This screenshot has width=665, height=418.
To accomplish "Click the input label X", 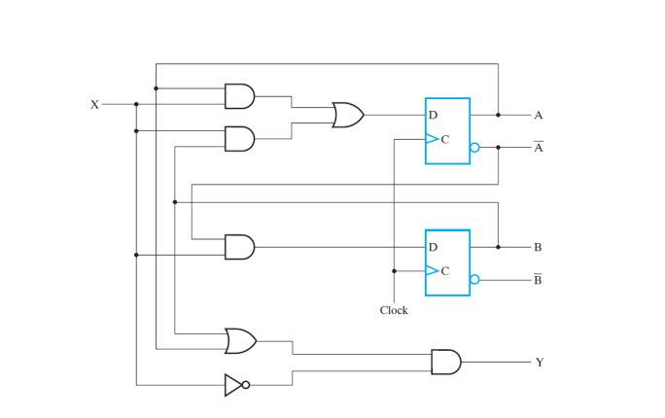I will pyautogui.click(x=94, y=104).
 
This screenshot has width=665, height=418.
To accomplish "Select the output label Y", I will pyautogui.click(x=539, y=363).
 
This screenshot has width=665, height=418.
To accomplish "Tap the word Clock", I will pyautogui.click(x=394, y=310).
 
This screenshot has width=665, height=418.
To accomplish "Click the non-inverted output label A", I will pyautogui.click(x=539, y=115).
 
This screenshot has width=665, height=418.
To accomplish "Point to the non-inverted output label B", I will pyautogui.click(x=539, y=248).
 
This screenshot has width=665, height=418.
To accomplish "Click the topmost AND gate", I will pyautogui.click(x=239, y=95).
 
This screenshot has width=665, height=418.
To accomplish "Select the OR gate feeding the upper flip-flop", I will pyautogui.click(x=347, y=116).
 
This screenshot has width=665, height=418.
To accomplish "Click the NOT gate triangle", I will pyautogui.click(x=233, y=385).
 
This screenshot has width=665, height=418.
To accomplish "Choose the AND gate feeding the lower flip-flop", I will pyautogui.click(x=239, y=248).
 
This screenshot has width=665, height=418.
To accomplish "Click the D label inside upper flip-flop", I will pyautogui.click(x=433, y=116).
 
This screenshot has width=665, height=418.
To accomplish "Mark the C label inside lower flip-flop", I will pyautogui.click(x=445, y=271).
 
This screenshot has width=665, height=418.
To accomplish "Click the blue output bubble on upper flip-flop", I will pyautogui.click(x=474, y=148).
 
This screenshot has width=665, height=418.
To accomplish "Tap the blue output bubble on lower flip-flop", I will pyautogui.click(x=474, y=280).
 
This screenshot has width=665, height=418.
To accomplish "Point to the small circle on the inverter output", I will pyautogui.click(x=246, y=385).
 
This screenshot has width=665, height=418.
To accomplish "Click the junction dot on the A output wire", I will pyautogui.click(x=498, y=115).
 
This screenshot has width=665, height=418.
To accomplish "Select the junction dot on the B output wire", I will pyautogui.click(x=498, y=247).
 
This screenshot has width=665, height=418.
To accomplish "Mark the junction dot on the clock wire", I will pyautogui.click(x=394, y=271).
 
